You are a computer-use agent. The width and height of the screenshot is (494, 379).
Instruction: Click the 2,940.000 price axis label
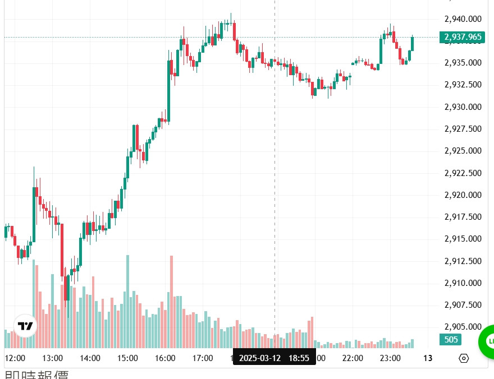pyautogui.click(x=463, y=19)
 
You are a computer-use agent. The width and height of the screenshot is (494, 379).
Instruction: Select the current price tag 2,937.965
pyautogui.click(x=463, y=37)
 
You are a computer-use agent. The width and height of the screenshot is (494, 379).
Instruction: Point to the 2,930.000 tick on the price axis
pyautogui.click(x=463, y=107)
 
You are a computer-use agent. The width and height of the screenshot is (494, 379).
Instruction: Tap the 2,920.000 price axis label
pyautogui.click(x=463, y=195)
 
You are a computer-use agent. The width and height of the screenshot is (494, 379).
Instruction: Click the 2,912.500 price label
pyautogui.click(x=463, y=261)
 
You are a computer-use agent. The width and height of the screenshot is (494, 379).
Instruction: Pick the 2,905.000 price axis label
pyautogui.click(x=463, y=327)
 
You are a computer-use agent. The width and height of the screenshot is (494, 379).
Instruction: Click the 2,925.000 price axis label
pyautogui.click(x=463, y=151)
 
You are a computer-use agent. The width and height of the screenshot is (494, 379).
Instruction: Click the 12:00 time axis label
pyautogui.click(x=15, y=358)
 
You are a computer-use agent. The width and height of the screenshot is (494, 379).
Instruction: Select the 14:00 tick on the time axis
pyautogui.click(x=90, y=358)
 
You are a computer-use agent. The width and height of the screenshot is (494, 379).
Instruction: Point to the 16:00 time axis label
pyautogui.click(x=165, y=358)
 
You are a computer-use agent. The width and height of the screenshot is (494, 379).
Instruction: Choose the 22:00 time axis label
pyautogui.click(x=353, y=358)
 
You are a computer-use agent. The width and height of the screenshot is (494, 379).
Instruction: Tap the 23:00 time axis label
pyautogui.click(x=390, y=358)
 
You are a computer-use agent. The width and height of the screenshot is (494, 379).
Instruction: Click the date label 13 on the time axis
pyautogui.click(x=427, y=358)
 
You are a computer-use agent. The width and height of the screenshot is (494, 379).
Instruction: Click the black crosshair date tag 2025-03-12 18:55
pyautogui.click(x=274, y=358)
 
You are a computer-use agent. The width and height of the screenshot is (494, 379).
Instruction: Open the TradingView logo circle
pyautogui.click(x=25, y=326)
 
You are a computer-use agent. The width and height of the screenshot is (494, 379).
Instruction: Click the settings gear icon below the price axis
pyautogui.click(x=464, y=358)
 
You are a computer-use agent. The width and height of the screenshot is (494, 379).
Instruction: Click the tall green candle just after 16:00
pyautogui.click(x=169, y=90)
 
